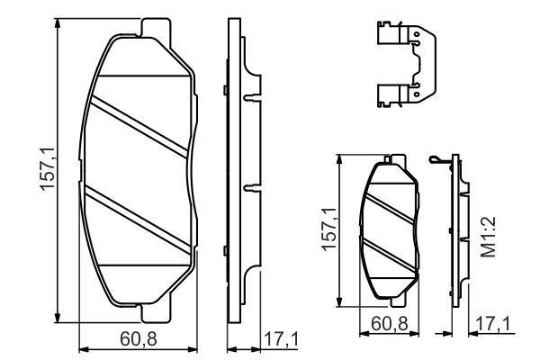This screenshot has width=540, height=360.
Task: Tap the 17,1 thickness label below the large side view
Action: tap(281, 339)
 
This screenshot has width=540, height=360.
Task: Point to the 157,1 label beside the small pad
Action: tap(330, 230)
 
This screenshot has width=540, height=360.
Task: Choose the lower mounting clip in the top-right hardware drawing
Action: tap(402, 91)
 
